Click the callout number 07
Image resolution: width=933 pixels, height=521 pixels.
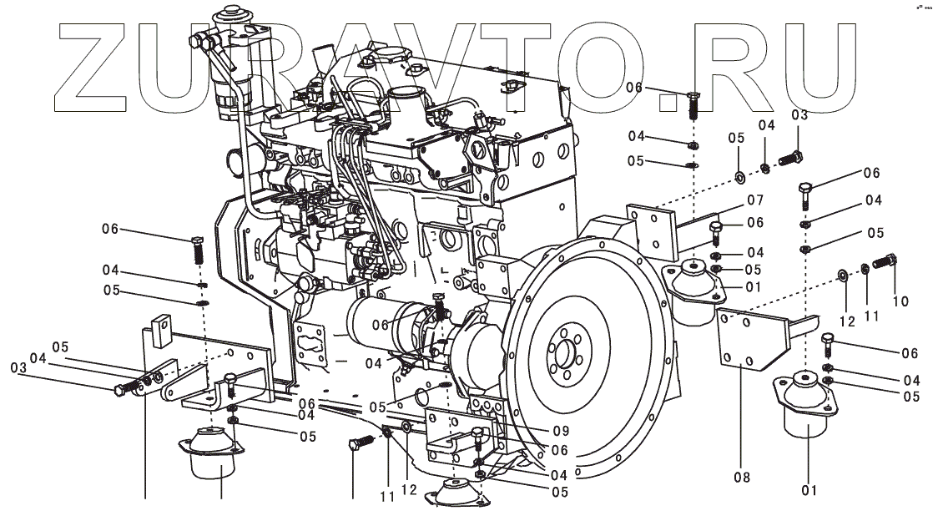click(755, 200)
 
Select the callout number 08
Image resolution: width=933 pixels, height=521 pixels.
click(742, 477)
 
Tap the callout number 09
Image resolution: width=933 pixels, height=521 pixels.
click(561, 431)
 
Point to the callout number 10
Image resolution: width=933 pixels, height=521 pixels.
click(900, 301)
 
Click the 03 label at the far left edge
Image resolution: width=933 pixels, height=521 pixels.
click(18, 368)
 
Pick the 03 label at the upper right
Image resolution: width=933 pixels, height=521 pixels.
click(799, 114)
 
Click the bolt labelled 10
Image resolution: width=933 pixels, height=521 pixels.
click(885, 260)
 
